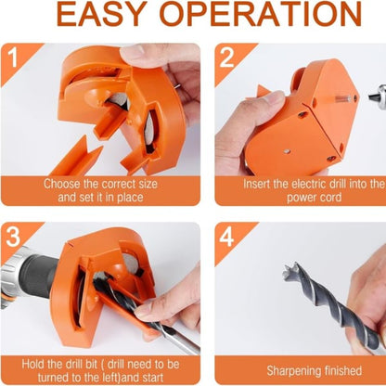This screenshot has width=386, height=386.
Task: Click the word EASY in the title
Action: click(x=102, y=14)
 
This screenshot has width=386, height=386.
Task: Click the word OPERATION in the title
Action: click(x=261, y=14)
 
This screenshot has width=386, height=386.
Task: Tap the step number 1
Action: click(x=12, y=57)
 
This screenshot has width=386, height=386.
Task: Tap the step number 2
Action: click(x=226, y=58)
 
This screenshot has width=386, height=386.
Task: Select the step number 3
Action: click(x=13, y=237)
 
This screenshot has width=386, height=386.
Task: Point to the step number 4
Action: click(x=226, y=237)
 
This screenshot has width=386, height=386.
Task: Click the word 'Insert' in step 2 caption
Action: click(x=256, y=184)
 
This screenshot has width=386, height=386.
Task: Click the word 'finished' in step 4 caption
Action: click(x=339, y=370)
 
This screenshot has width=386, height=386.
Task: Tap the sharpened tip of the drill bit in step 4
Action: click(x=289, y=269)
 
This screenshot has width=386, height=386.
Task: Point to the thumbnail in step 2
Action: click(x=276, y=96)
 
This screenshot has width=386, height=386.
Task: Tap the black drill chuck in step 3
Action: click(x=40, y=276)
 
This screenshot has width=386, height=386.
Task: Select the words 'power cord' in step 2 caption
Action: click(x=314, y=199)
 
